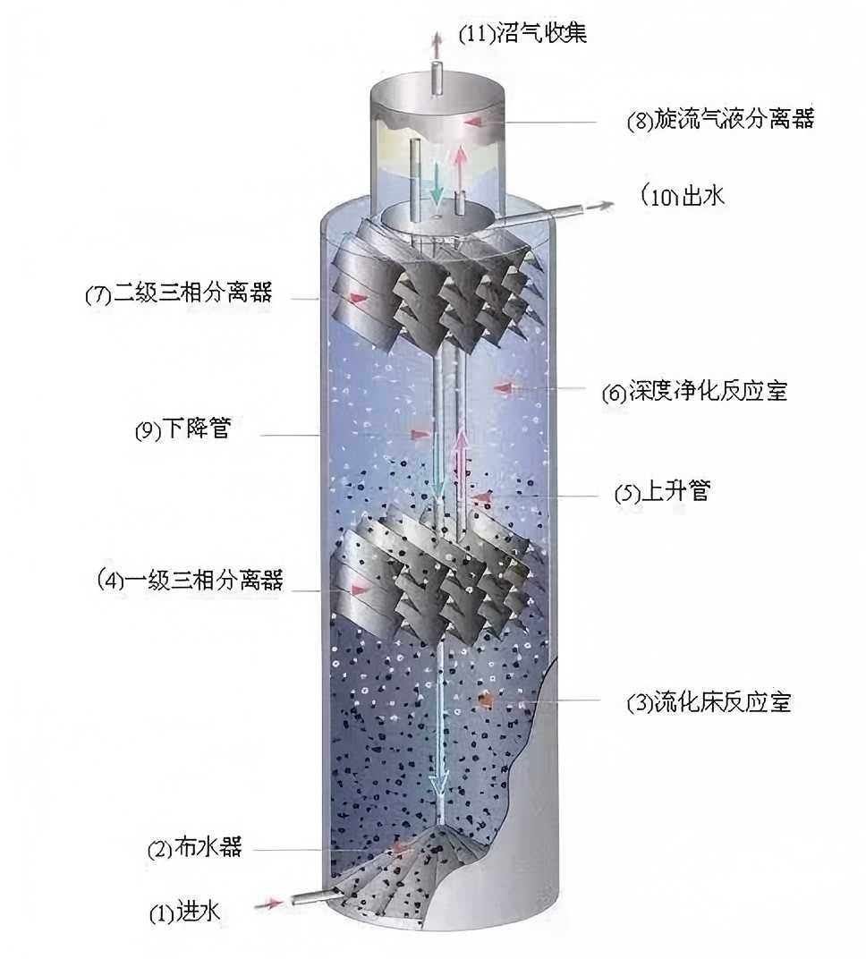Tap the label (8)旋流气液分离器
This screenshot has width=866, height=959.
(720, 120)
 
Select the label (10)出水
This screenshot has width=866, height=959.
(683, 195)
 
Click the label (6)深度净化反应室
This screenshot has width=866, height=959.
(694, 391)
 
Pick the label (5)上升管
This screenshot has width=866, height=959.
(662, 492)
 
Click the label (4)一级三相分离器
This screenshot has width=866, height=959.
(190, 580)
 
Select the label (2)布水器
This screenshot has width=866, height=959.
(194, 848)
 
